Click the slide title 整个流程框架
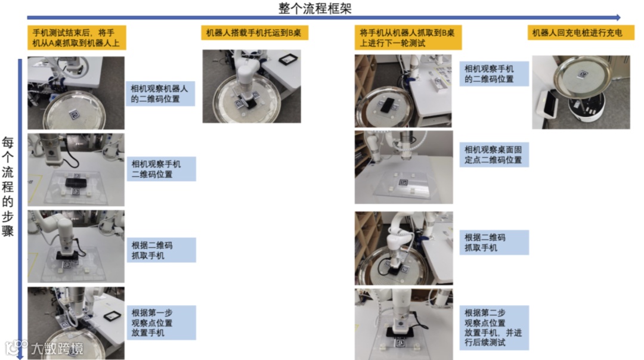[x=315, y=8]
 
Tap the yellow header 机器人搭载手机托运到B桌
[x=255, y=33]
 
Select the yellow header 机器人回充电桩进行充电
[x=581, y=33]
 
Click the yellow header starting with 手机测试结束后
[x=77, y=38]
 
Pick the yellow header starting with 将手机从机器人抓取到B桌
[x=408, y=38]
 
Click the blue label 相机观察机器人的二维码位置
[x=160, y=94]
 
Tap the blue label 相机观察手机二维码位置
[x=161, y=169]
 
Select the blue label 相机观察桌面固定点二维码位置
[x=494, y=155]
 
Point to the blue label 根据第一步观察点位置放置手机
[x=161, y=322]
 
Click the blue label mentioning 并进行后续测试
[x=494, y=328]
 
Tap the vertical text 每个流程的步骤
[x=8, y=187]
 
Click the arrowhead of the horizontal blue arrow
[x=618, y=18]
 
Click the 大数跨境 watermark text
[x=57, y=349]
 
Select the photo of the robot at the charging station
[x=581, y=92]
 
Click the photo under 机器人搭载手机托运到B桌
[x=252, y=86]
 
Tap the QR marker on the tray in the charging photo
[x=583, y=75]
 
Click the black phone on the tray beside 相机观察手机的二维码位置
[x=388, y=105]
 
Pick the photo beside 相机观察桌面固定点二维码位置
[x=404, y=167]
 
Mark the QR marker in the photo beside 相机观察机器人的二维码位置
[x=75, y=114]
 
